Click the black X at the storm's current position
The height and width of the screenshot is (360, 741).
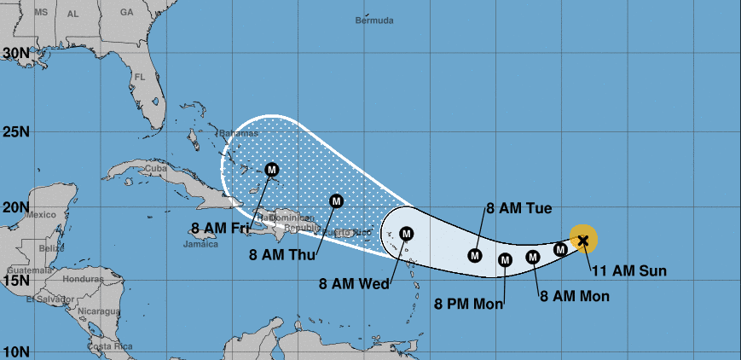tap(583, 241)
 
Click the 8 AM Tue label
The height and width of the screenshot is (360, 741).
tap(518, 208)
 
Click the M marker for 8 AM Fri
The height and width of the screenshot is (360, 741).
tap(272, 169)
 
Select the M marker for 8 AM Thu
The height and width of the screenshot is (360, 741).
tap(335, 201)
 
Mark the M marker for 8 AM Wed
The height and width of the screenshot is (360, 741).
tap(406, 233)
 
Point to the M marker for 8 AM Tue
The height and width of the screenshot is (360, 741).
tap(475, 254)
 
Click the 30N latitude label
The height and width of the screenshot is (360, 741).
tap(15, 52)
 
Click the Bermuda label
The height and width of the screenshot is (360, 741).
tap(374, 20)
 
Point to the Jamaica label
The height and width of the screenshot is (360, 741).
tap(200, 244)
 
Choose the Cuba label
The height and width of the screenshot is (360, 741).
tap(154, 168)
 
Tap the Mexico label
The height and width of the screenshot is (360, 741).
tap(39, 214)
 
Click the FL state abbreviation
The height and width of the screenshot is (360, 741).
tap(141, 78)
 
